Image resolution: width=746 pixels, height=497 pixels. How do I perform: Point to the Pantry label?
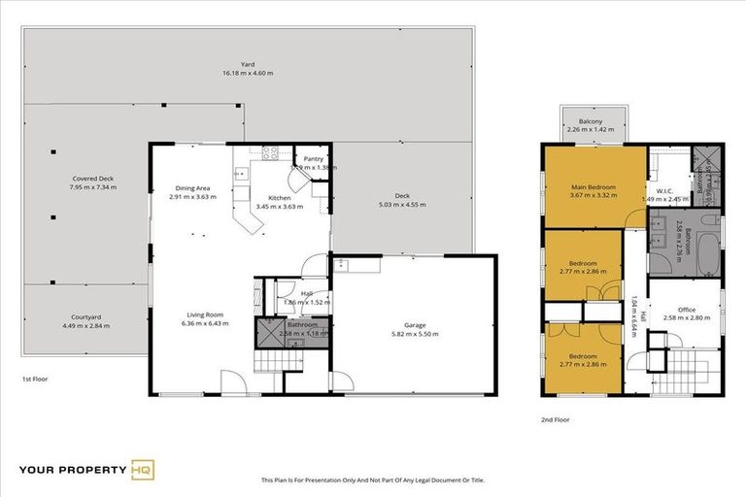tap(313, 159)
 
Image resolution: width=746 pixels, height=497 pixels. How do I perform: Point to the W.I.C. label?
tap(664, 190)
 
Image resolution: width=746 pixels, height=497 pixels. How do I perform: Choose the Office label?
tap(685, 310)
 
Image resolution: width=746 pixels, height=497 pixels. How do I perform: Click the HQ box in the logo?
tap(142, 471)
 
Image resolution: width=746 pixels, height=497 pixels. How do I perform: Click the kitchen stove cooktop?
tap(269, 151)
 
